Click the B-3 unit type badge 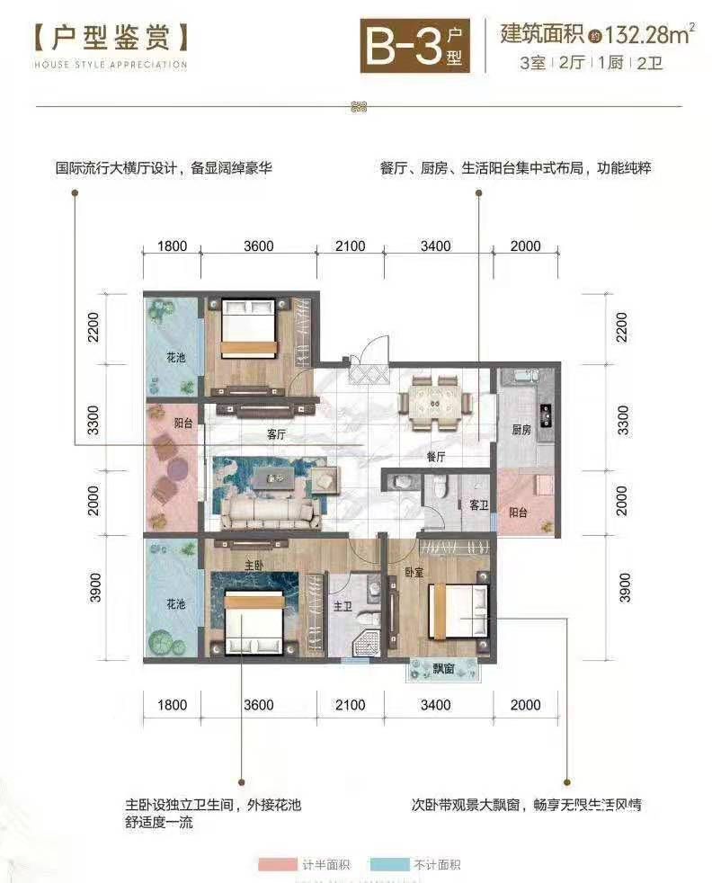coord(414,46)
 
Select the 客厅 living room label coord(276,434)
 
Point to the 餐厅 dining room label coord(436,457)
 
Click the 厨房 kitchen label coord(521,430)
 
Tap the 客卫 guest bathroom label coord(479,505)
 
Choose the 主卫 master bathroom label coord(343,606)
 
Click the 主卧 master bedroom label coord(254,565)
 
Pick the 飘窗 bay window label coord(443,668)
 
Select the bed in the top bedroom coord(249,329)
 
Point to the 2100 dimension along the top coord(350,245)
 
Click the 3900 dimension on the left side coord(95,587)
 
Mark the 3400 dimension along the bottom coord(436,705)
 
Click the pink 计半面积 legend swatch coord(278,864)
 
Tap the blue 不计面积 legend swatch coord(389,864)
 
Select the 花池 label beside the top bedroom coord(175,357)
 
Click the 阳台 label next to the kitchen coord(518,512)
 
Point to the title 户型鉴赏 coord(111,39)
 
